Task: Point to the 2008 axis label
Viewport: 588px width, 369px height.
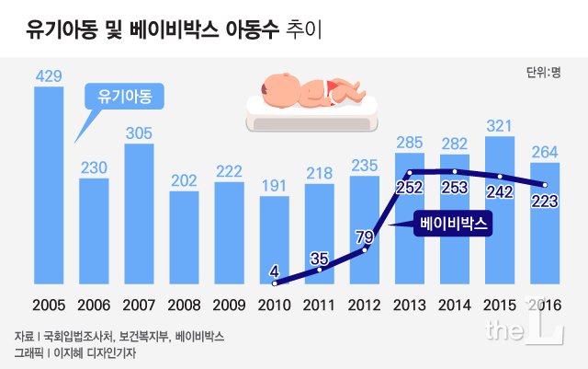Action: point(183,305)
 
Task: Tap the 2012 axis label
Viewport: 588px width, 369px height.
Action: point(364,305)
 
